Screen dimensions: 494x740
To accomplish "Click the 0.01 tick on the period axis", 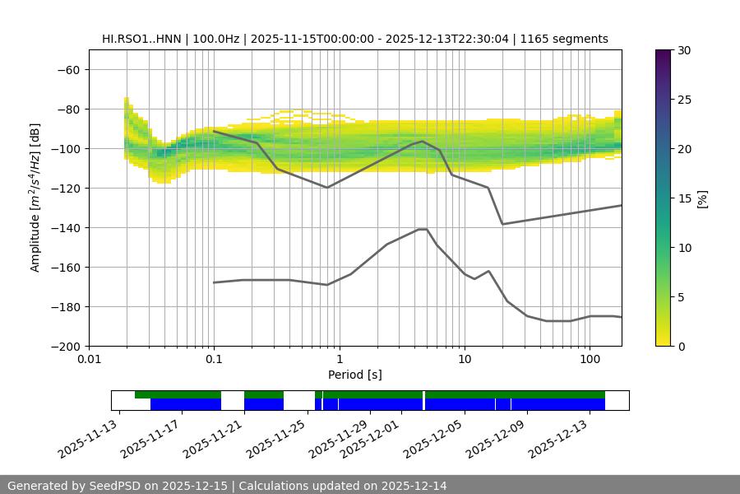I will click(x=89, y=360).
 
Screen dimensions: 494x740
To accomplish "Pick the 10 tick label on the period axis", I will click(x=465, y=360).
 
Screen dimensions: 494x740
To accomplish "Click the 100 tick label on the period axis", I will click(x=590, y=360).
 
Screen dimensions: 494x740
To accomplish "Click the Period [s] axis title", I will click(x=355, y=375).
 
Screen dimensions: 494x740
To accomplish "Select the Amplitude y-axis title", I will click(x=35, y=198).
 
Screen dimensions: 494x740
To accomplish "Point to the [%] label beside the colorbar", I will click(x=701, y=198).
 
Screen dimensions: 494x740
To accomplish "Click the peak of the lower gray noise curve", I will click(x=423, y=229).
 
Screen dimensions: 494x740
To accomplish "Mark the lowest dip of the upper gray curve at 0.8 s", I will click(x=327, y=188).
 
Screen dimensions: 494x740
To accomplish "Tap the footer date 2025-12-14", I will click(x=410, y=486).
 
